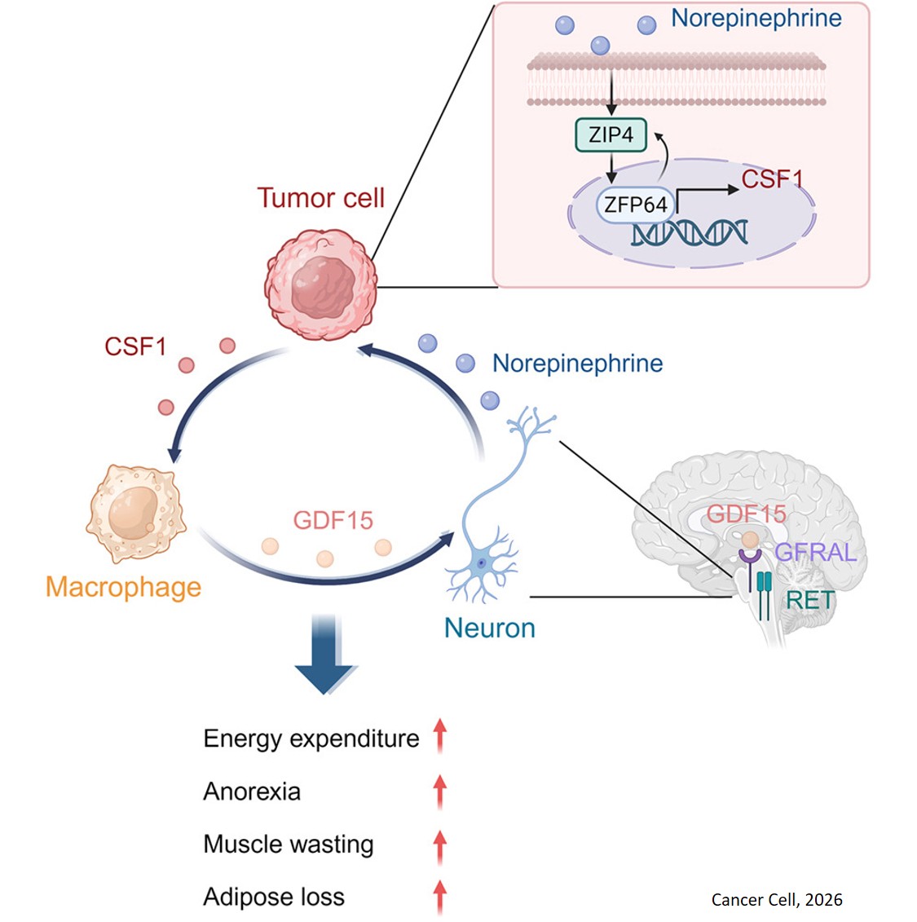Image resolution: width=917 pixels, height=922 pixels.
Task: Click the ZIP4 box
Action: [x=611, y=135]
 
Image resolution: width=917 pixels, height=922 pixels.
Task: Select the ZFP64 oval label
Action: [x=636, y=205]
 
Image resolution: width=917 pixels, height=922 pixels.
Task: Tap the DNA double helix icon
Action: [x=690, y=233]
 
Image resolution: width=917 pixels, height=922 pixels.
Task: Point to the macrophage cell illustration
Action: [x=135, y=513]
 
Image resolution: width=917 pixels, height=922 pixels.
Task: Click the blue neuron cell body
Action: [x=482, y=562]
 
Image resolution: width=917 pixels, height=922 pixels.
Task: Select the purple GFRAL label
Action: [x=814, y=553]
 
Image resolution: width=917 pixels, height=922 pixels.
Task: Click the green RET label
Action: [x=810, y=601]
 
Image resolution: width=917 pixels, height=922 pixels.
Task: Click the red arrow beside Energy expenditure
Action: [x=440, y=735]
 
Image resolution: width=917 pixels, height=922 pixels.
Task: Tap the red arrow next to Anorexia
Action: [x=440, y=792]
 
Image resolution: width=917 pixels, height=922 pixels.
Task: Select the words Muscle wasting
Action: [x=289, y=844]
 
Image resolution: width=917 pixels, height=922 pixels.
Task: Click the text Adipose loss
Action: [x=274, y=897]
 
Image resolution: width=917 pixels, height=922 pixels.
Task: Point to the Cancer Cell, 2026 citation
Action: [x=777, y=900]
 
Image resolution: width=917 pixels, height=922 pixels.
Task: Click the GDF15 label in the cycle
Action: [x=333, y=520]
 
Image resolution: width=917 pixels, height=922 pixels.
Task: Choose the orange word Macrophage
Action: [x=123, y=587]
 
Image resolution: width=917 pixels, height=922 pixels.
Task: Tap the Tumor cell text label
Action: [x=320, y=198]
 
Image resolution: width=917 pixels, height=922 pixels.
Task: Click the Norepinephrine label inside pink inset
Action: [x=756, y=19]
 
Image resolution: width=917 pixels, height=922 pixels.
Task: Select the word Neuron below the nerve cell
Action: [x=490, y=628]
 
